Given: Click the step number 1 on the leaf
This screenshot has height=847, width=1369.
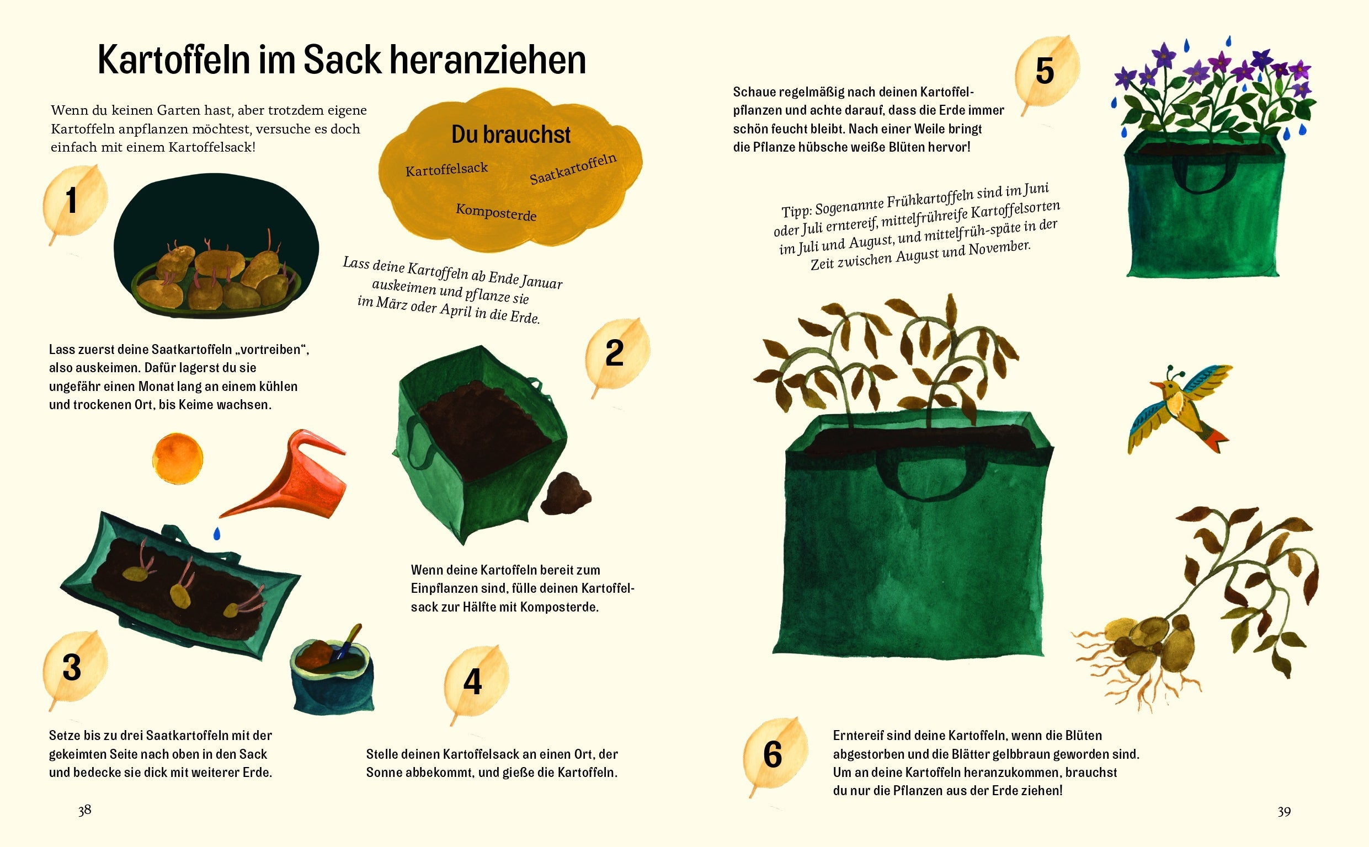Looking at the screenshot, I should (71, 201).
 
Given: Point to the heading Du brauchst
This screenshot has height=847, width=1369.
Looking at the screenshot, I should (510, 135).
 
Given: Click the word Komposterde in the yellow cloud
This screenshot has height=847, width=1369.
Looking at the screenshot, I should (496, 212).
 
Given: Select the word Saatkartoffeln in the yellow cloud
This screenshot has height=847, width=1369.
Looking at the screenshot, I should (573, 169).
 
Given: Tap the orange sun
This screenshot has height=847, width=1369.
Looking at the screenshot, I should (177, 458).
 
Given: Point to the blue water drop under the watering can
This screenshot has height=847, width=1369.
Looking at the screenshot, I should (217, 533).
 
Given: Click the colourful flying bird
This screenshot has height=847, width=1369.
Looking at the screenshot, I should (1180, 409).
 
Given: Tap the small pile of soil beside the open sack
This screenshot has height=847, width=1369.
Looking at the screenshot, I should (567, 494).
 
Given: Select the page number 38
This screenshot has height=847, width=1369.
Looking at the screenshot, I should (84, 810).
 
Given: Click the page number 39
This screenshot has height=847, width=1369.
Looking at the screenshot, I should (1284, 811).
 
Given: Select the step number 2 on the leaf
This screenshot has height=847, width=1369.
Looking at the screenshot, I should (614, 353).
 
